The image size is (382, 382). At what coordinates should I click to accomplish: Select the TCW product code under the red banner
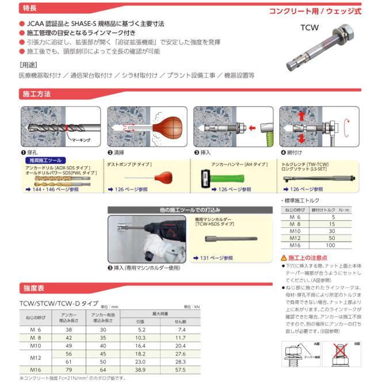coord(308,26)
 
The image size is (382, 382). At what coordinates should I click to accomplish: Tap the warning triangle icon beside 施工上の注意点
coord(284,258)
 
